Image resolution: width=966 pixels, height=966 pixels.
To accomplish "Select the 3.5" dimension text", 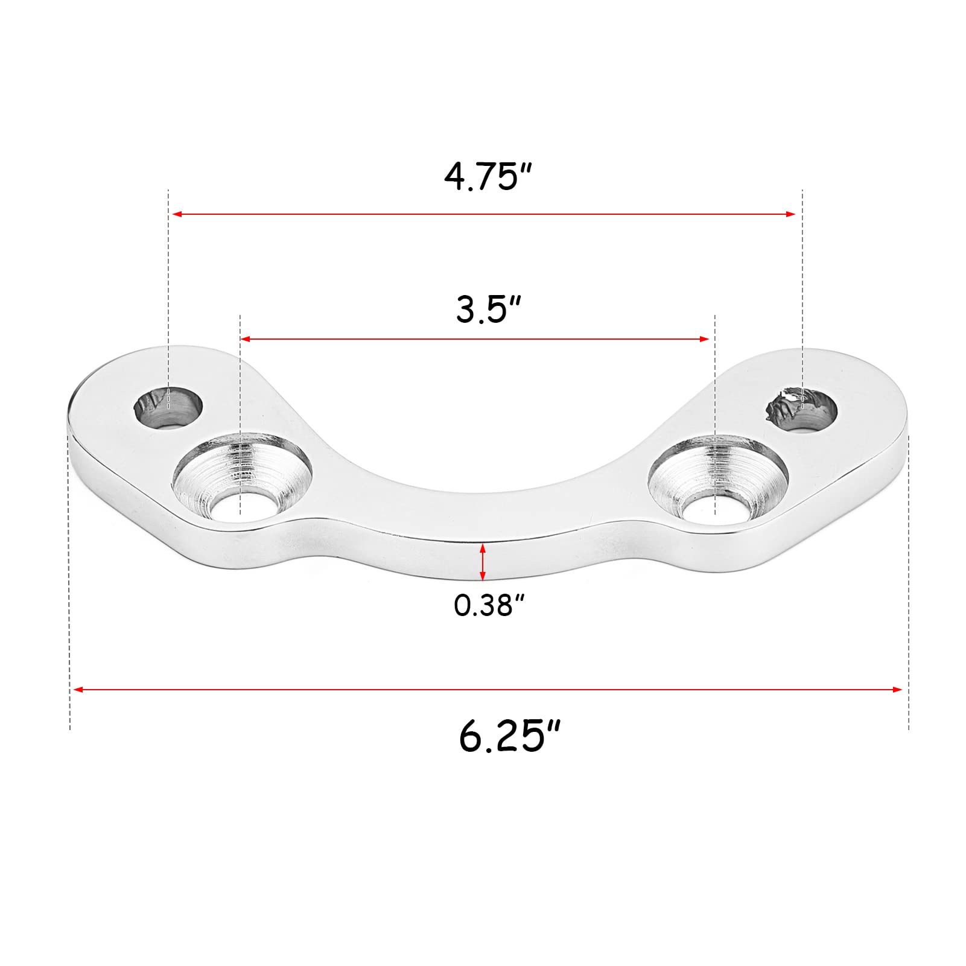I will [488, 310].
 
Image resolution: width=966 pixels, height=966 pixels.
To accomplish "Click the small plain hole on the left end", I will [168, 407].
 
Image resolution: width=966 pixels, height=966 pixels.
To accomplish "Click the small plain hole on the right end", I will [802, 408].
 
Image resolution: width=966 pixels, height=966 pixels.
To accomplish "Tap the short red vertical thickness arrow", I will [482, 562].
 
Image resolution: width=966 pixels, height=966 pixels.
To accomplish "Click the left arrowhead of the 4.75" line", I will [177, 214].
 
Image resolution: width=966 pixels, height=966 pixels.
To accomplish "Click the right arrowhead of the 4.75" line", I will [792, 214].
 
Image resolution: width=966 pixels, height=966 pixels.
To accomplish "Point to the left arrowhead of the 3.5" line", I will [245, 339].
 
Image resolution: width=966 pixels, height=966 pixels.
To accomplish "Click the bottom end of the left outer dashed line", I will [70, 728].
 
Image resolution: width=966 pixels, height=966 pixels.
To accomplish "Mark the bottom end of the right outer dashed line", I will [908, 728].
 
